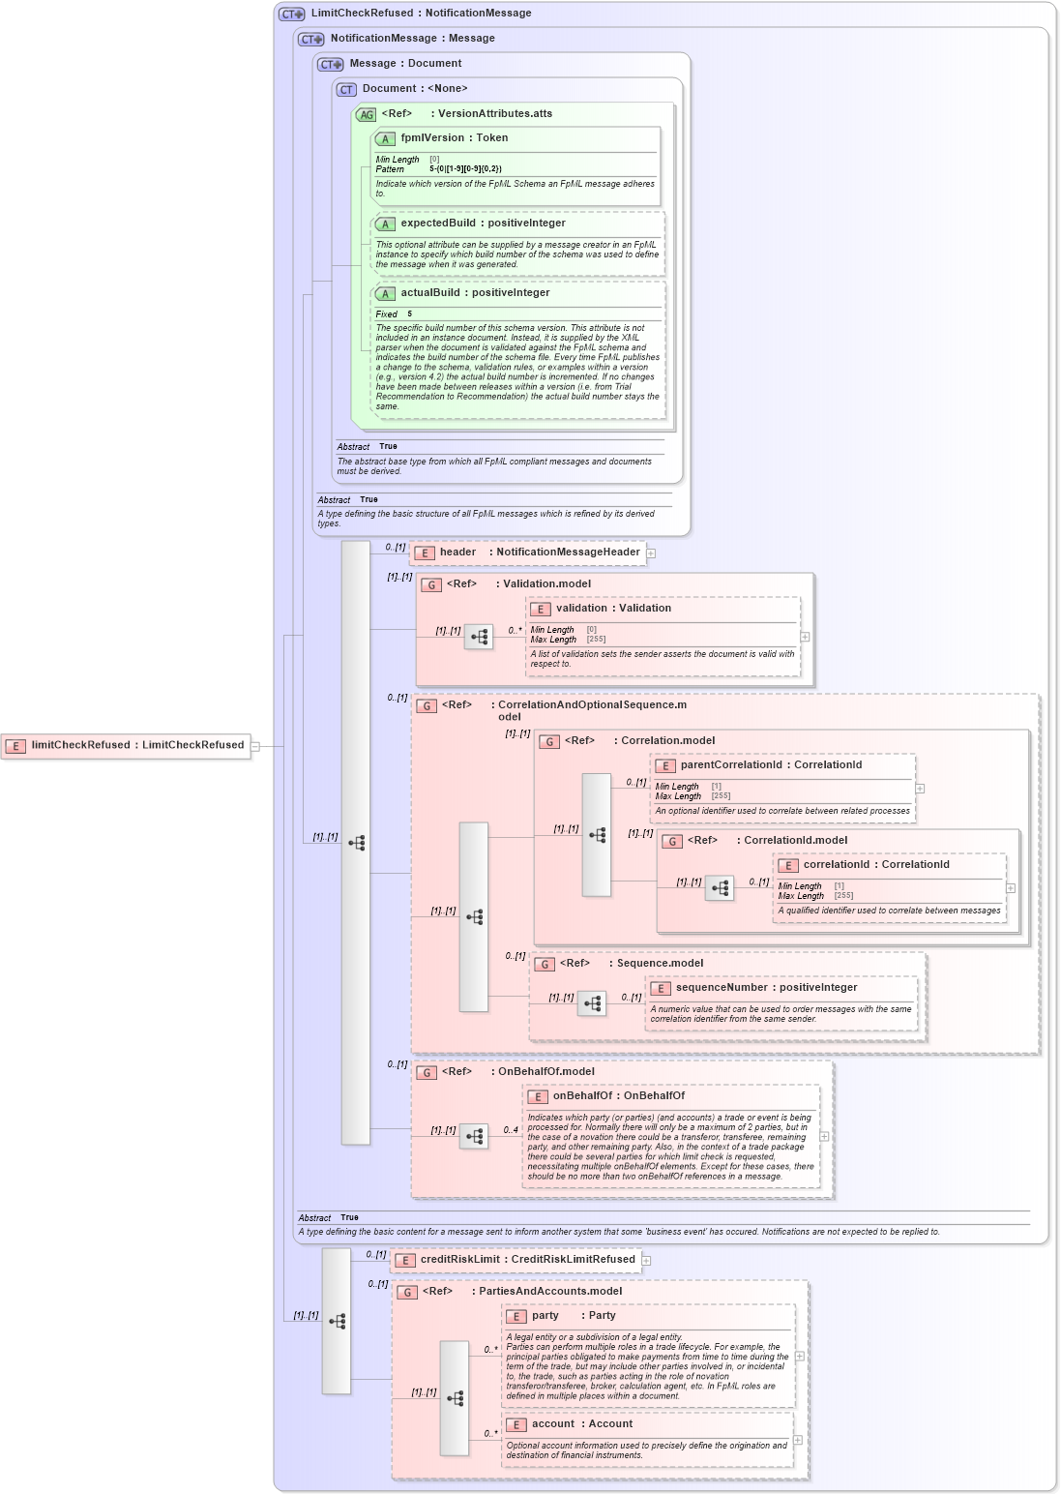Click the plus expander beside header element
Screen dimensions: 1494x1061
[651, 553]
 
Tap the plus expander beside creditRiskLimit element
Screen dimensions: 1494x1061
[646, 1261]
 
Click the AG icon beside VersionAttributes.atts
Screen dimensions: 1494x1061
[366, 114]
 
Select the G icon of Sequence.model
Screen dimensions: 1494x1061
[545, 964]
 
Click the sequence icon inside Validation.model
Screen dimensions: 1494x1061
[479, 637]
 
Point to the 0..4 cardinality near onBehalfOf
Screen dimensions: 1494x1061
[511, 1130]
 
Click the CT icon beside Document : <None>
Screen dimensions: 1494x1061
[346, 89]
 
